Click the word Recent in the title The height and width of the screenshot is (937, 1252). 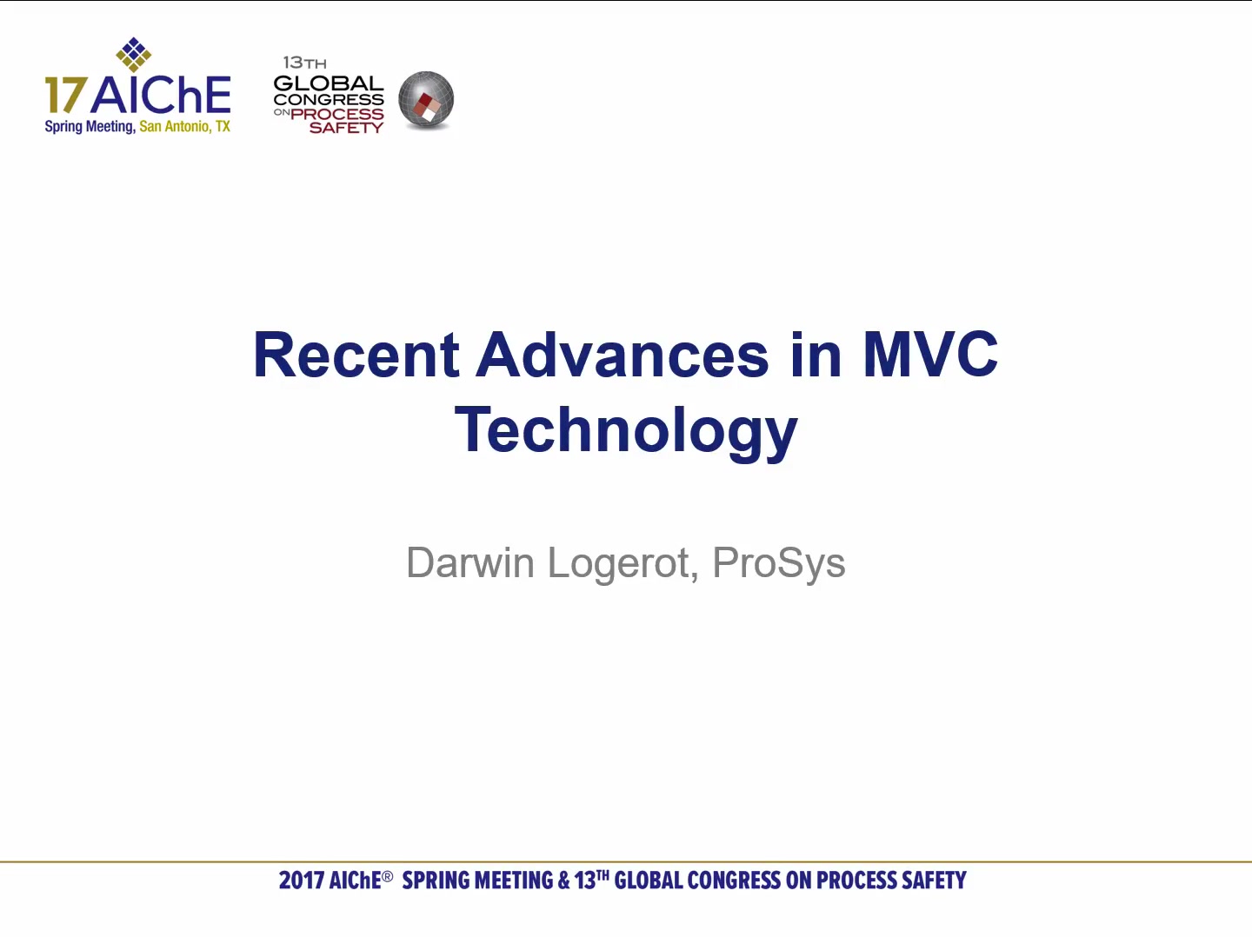coord(356,355)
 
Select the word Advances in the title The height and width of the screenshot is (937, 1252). coord(623,355)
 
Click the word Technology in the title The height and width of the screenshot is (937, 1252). coord(626,430)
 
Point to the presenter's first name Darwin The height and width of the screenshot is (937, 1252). coord(470,562)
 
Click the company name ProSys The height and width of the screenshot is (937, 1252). coord(778,564)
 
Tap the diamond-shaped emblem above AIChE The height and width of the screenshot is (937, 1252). coord(134,55)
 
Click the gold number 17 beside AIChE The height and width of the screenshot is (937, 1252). coord(65,95)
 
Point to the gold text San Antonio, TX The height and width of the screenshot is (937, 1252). coord(185,127)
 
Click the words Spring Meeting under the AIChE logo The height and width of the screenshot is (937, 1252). coord(90,127)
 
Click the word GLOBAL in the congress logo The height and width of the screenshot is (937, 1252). coord(329,83)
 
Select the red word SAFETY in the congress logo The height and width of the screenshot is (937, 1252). coord(346,128)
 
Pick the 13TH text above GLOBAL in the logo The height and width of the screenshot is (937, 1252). coord(304,62)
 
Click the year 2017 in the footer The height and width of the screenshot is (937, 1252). coord(301,881)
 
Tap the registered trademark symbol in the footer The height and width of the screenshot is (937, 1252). coord(387,876)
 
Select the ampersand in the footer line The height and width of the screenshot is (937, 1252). coord(563,881)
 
